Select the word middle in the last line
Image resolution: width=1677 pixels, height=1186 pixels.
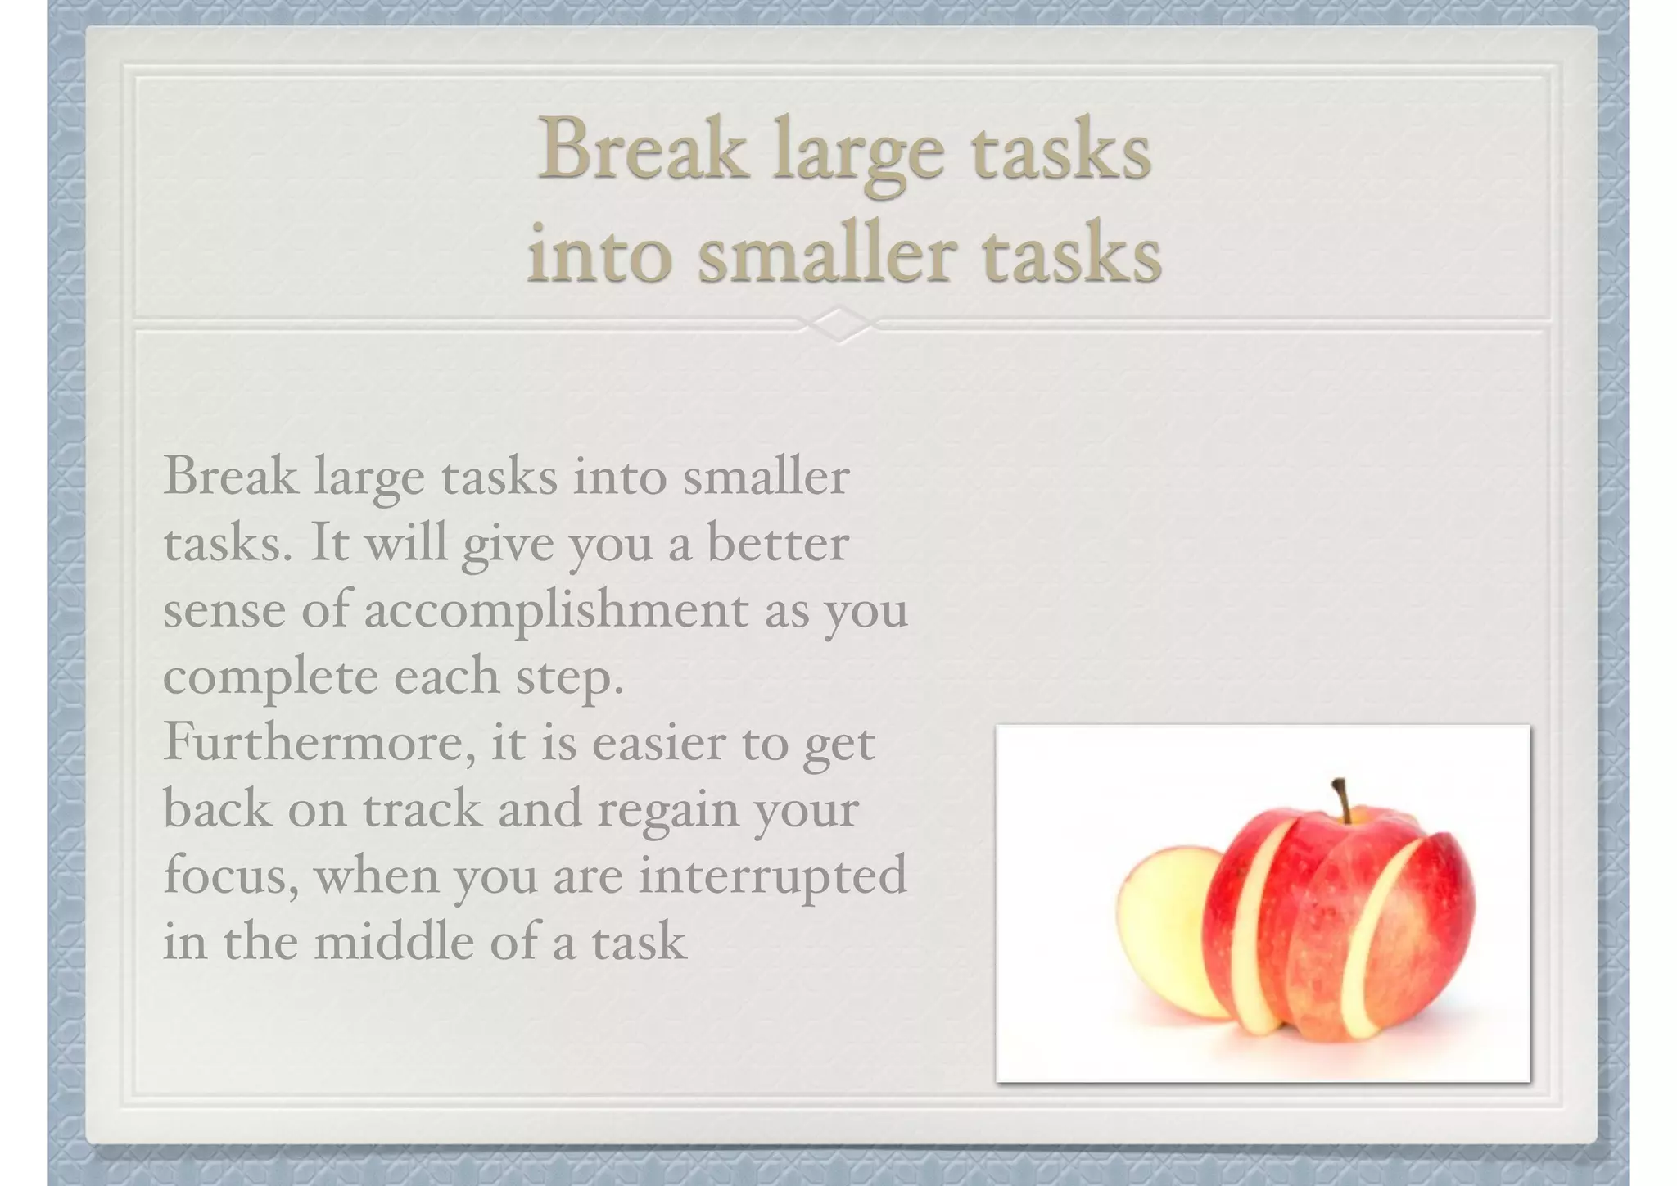coord(394,942)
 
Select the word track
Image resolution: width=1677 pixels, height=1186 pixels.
coord(423,809)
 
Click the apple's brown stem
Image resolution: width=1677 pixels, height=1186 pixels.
coord(1343,799)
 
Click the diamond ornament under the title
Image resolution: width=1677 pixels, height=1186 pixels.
coord(840,325)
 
